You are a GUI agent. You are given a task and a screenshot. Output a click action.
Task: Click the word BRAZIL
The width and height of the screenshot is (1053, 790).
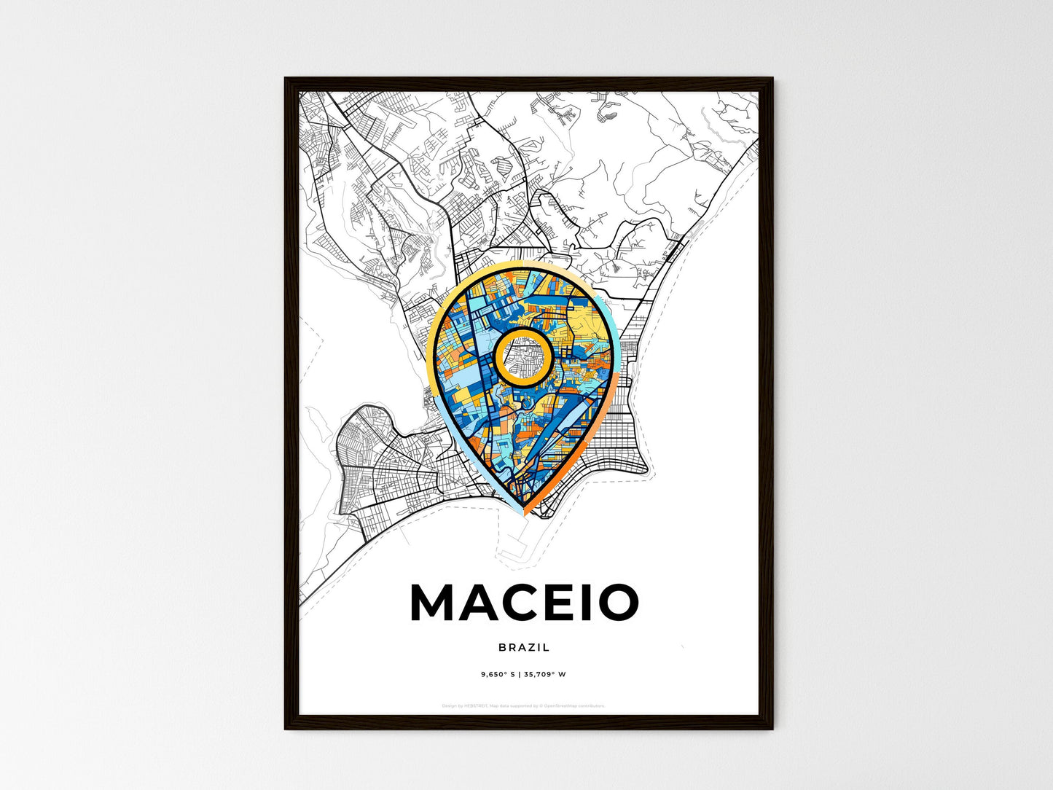pyautogui.click(x=524, y=647)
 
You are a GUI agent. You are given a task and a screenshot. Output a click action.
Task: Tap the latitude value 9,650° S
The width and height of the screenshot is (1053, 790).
pyautogui.click(x=497, y=674)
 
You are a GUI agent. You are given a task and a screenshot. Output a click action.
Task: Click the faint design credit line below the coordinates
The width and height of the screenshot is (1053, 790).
pyautogui.click(x=524, y=705)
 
